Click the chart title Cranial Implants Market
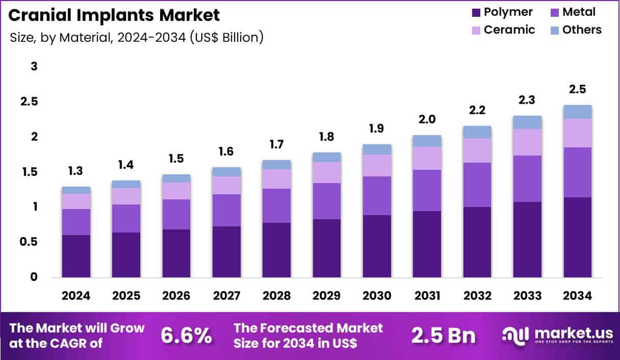tap(114, 15)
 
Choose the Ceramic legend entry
tap(502, 30)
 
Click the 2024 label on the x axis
tap(76, 296)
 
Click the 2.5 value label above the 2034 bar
tap(578, 89)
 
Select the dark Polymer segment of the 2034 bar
tap(578, 237)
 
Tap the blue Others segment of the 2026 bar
tap(176, 178)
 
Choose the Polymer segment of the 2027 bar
tap(226, 252)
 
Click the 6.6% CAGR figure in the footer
tap(186, 336)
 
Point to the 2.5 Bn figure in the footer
tap(443, 336)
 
